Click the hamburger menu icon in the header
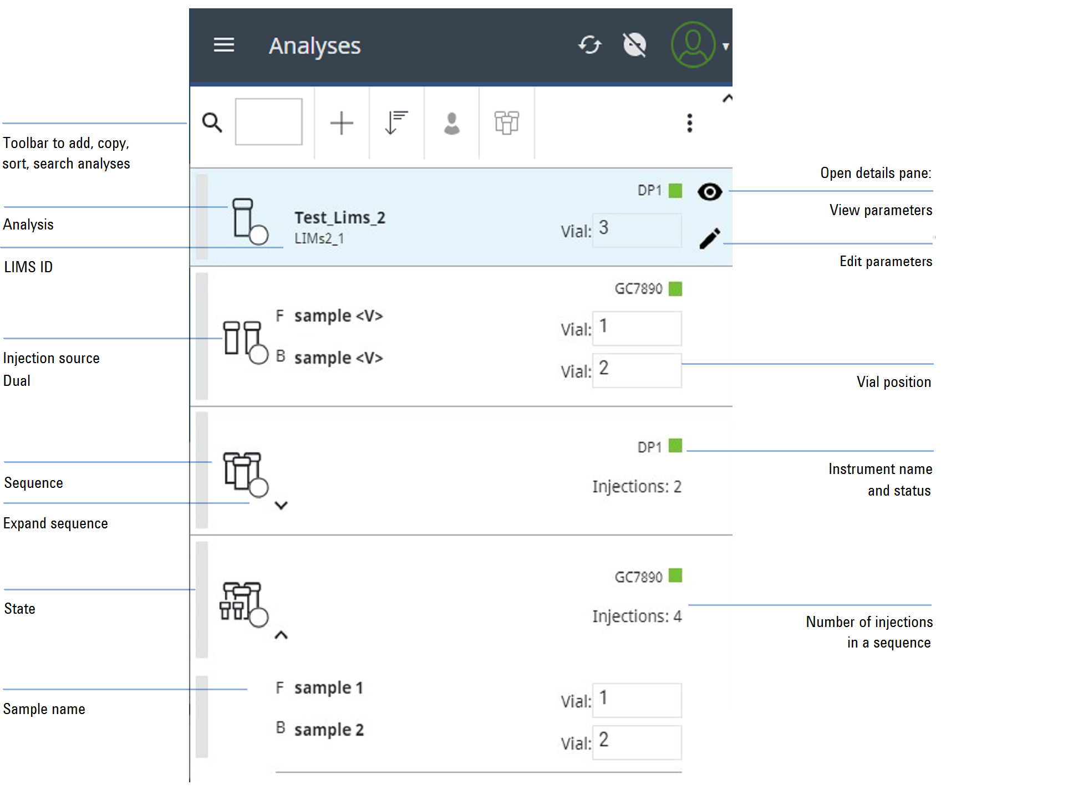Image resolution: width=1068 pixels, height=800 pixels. point(223,45)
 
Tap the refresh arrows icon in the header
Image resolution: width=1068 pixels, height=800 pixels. point(589,45)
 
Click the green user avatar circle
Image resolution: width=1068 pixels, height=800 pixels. point(693,45)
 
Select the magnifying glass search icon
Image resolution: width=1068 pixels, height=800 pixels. point(212,123)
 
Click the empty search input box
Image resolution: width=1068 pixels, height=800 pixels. point(269,122)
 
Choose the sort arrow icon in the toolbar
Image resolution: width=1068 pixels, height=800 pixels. point(396,123)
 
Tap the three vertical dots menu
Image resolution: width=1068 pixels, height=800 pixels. point(690,123)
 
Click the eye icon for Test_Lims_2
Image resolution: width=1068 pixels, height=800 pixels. point(710,192)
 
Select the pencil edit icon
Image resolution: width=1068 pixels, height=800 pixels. point(710,238)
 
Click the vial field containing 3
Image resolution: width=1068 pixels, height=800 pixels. point(637,230)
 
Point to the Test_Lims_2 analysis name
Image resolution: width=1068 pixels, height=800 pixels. point(340,218)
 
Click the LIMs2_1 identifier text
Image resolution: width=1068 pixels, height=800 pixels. point(319,238)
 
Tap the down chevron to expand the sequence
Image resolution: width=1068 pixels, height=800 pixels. point(281,506)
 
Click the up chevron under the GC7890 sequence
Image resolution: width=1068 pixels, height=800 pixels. point(281,635)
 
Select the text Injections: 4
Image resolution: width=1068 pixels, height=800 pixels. point(637,616)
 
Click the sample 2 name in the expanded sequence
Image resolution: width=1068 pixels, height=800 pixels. point(329,730)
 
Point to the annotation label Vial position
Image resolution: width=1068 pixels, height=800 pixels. point(894,382)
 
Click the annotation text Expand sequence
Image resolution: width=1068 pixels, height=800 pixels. point(55,523)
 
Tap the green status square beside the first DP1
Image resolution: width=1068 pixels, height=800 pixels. point(675,191)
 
